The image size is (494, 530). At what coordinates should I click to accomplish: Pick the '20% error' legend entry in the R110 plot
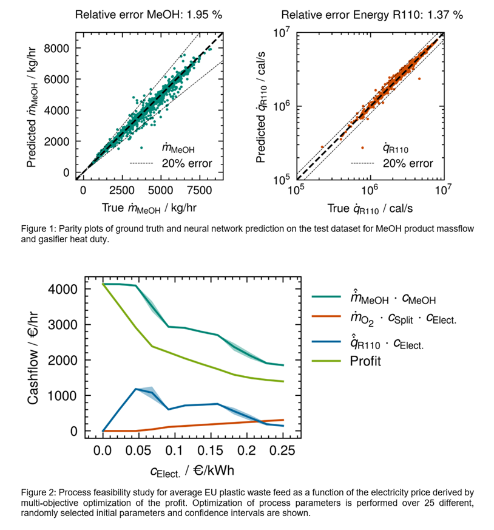(x=407, y=163)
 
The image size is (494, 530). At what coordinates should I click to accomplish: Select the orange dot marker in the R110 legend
(x=363, y=148)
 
